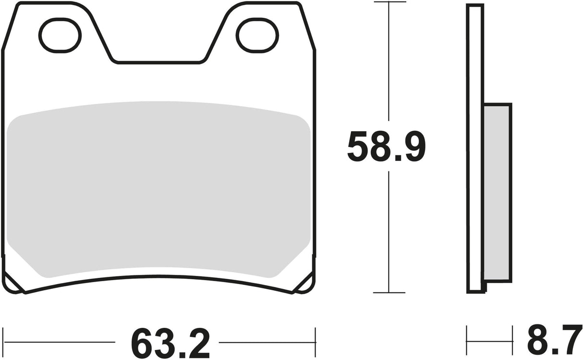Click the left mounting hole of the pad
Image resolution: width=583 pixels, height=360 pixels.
60,35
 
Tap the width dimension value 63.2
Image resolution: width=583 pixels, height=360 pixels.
170,342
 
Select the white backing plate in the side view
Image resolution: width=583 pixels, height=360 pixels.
475,144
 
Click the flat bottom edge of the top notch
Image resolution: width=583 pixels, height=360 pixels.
158,62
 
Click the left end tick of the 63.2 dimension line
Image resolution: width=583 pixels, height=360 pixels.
3,342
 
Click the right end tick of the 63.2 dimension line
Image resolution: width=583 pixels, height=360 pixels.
315,342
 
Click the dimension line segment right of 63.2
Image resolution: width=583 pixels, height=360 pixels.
267,342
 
